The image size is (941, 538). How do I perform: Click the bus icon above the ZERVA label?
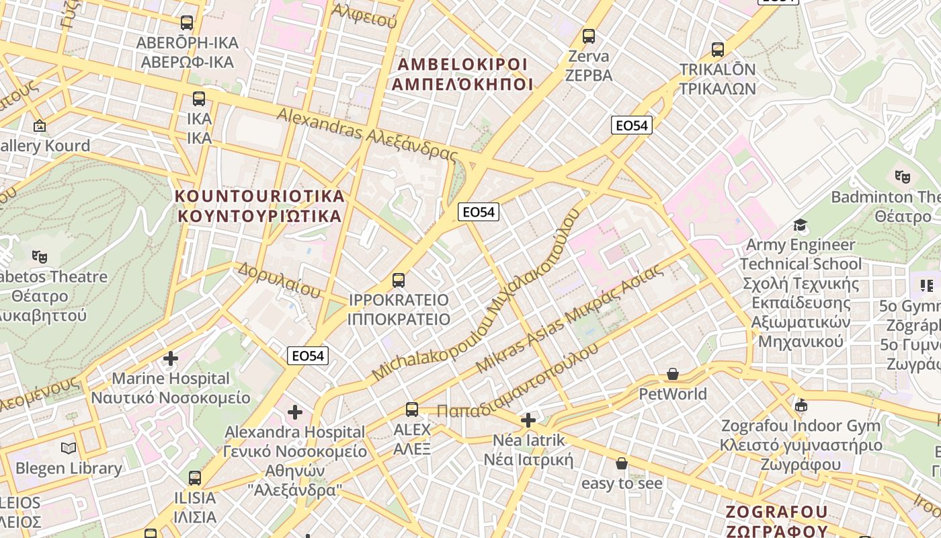pos(589,36)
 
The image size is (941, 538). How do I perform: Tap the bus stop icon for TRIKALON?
pos(718,50)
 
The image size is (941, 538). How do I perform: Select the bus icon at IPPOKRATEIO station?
pos(399,280)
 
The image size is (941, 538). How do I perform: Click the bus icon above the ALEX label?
pos(411,410)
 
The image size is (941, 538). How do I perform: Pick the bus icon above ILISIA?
pos(195,478)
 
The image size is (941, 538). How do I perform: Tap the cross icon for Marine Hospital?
pos(171,358)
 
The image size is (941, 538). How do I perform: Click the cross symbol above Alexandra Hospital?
pos(294,412)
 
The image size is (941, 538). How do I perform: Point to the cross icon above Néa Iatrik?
pos(528,421)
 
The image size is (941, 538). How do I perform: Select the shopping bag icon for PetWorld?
pos(672,374)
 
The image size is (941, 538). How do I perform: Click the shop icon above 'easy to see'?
pos(622,463)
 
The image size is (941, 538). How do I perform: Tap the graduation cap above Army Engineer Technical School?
pos(800,225)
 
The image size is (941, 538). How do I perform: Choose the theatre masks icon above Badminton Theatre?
pos(902,177)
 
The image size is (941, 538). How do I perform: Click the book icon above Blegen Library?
pos(69,449)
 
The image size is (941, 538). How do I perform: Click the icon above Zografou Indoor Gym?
pos(801,406)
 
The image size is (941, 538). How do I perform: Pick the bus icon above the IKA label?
pos(199,99)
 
